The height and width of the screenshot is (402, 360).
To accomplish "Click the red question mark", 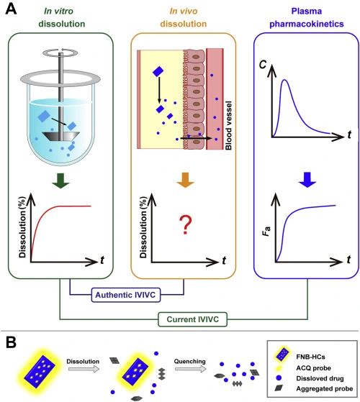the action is coord(186,225).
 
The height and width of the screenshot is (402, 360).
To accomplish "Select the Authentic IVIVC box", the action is coord(126,295).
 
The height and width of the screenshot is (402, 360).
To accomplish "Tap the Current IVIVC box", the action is coord(192,319).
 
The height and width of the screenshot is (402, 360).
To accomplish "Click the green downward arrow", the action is coord(60,181).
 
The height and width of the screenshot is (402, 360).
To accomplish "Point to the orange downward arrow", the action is coord(185,180).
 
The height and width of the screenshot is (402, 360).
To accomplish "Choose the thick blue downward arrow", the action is coord(307,180).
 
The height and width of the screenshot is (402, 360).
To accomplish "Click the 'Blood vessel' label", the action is coord(228,125).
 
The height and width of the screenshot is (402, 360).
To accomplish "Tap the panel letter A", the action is coord(11,9).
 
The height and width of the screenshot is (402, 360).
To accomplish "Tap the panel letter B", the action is coord(11,342).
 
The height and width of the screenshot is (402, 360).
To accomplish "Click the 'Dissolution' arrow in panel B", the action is coord(84,369).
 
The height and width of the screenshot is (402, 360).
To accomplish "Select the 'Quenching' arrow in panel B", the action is coord(190,369).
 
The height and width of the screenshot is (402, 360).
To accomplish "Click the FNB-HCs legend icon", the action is coord(282,355).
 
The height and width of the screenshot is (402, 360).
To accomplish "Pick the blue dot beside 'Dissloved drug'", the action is coord(279,378).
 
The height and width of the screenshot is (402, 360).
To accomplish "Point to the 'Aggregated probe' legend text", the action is coord(325,388).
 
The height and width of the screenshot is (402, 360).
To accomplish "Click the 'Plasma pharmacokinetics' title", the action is coord(307,17).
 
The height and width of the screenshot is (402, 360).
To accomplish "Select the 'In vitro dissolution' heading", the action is coord(62,17).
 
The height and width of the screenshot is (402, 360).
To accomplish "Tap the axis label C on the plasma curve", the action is coord(263,64).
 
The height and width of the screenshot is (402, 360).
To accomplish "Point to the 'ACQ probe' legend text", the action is coord(313,368).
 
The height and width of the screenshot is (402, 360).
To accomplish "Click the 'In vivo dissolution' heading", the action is coord(184,17).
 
